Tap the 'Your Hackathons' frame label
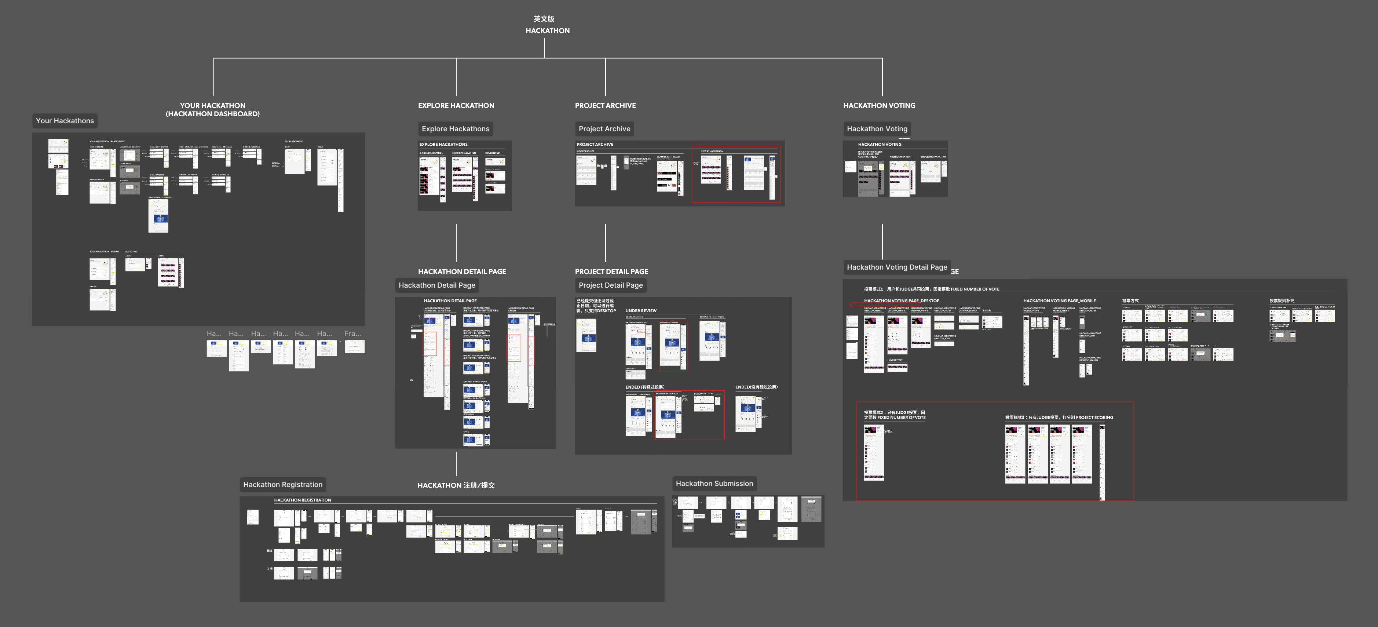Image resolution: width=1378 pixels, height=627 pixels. [x=65, y=121]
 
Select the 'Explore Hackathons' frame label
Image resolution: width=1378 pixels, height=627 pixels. [x=455, y=129]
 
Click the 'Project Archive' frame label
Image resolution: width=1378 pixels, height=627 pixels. [x=604, y=129]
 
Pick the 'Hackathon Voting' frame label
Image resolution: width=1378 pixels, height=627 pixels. [x=877, y=129]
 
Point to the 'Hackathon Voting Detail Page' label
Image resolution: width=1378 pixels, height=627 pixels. [x=896, y=267]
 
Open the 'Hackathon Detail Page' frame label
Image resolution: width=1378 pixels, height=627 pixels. [x=436, y=285]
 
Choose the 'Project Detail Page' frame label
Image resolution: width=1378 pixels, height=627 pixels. [x=610, y=285]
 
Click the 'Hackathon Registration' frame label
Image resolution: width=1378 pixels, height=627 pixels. [x=282, y=485]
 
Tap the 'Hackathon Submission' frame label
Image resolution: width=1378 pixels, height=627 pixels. [x=714, y=484]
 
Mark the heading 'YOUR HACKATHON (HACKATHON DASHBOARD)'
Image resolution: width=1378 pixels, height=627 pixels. [x=212, y=110]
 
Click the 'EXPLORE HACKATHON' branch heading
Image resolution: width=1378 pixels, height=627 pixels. [x=456, y=105]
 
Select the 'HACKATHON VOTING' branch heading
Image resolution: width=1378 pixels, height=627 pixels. [x=879, y=105]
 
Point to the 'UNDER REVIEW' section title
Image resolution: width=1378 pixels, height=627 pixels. [x=641, y=311]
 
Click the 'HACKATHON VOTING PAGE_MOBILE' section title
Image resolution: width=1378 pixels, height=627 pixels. [x=1059, y=301]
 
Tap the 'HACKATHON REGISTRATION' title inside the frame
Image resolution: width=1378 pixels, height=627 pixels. [x=302, y=500]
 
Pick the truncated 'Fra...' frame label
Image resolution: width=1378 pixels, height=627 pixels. [x=352, y=333]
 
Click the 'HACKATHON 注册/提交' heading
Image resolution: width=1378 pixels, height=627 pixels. [x=456, y=485]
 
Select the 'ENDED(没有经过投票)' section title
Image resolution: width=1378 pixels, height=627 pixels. [x=756, y=387]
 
